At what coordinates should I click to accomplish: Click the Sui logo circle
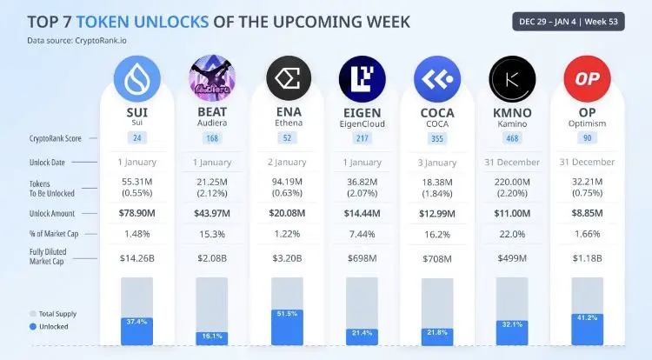click(138, 78)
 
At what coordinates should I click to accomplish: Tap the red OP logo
click(589, 78)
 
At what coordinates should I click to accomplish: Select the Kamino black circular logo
click(514, 78)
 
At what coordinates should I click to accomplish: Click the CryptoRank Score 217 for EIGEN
click(363, 137)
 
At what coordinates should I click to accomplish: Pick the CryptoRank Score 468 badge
click(514, 137)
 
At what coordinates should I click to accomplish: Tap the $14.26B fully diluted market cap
click(138, 257)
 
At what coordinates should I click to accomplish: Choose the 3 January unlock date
click(438, 162)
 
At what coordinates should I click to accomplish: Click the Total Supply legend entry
click(54, 312)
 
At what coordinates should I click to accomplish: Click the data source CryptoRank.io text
click(77, 40)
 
